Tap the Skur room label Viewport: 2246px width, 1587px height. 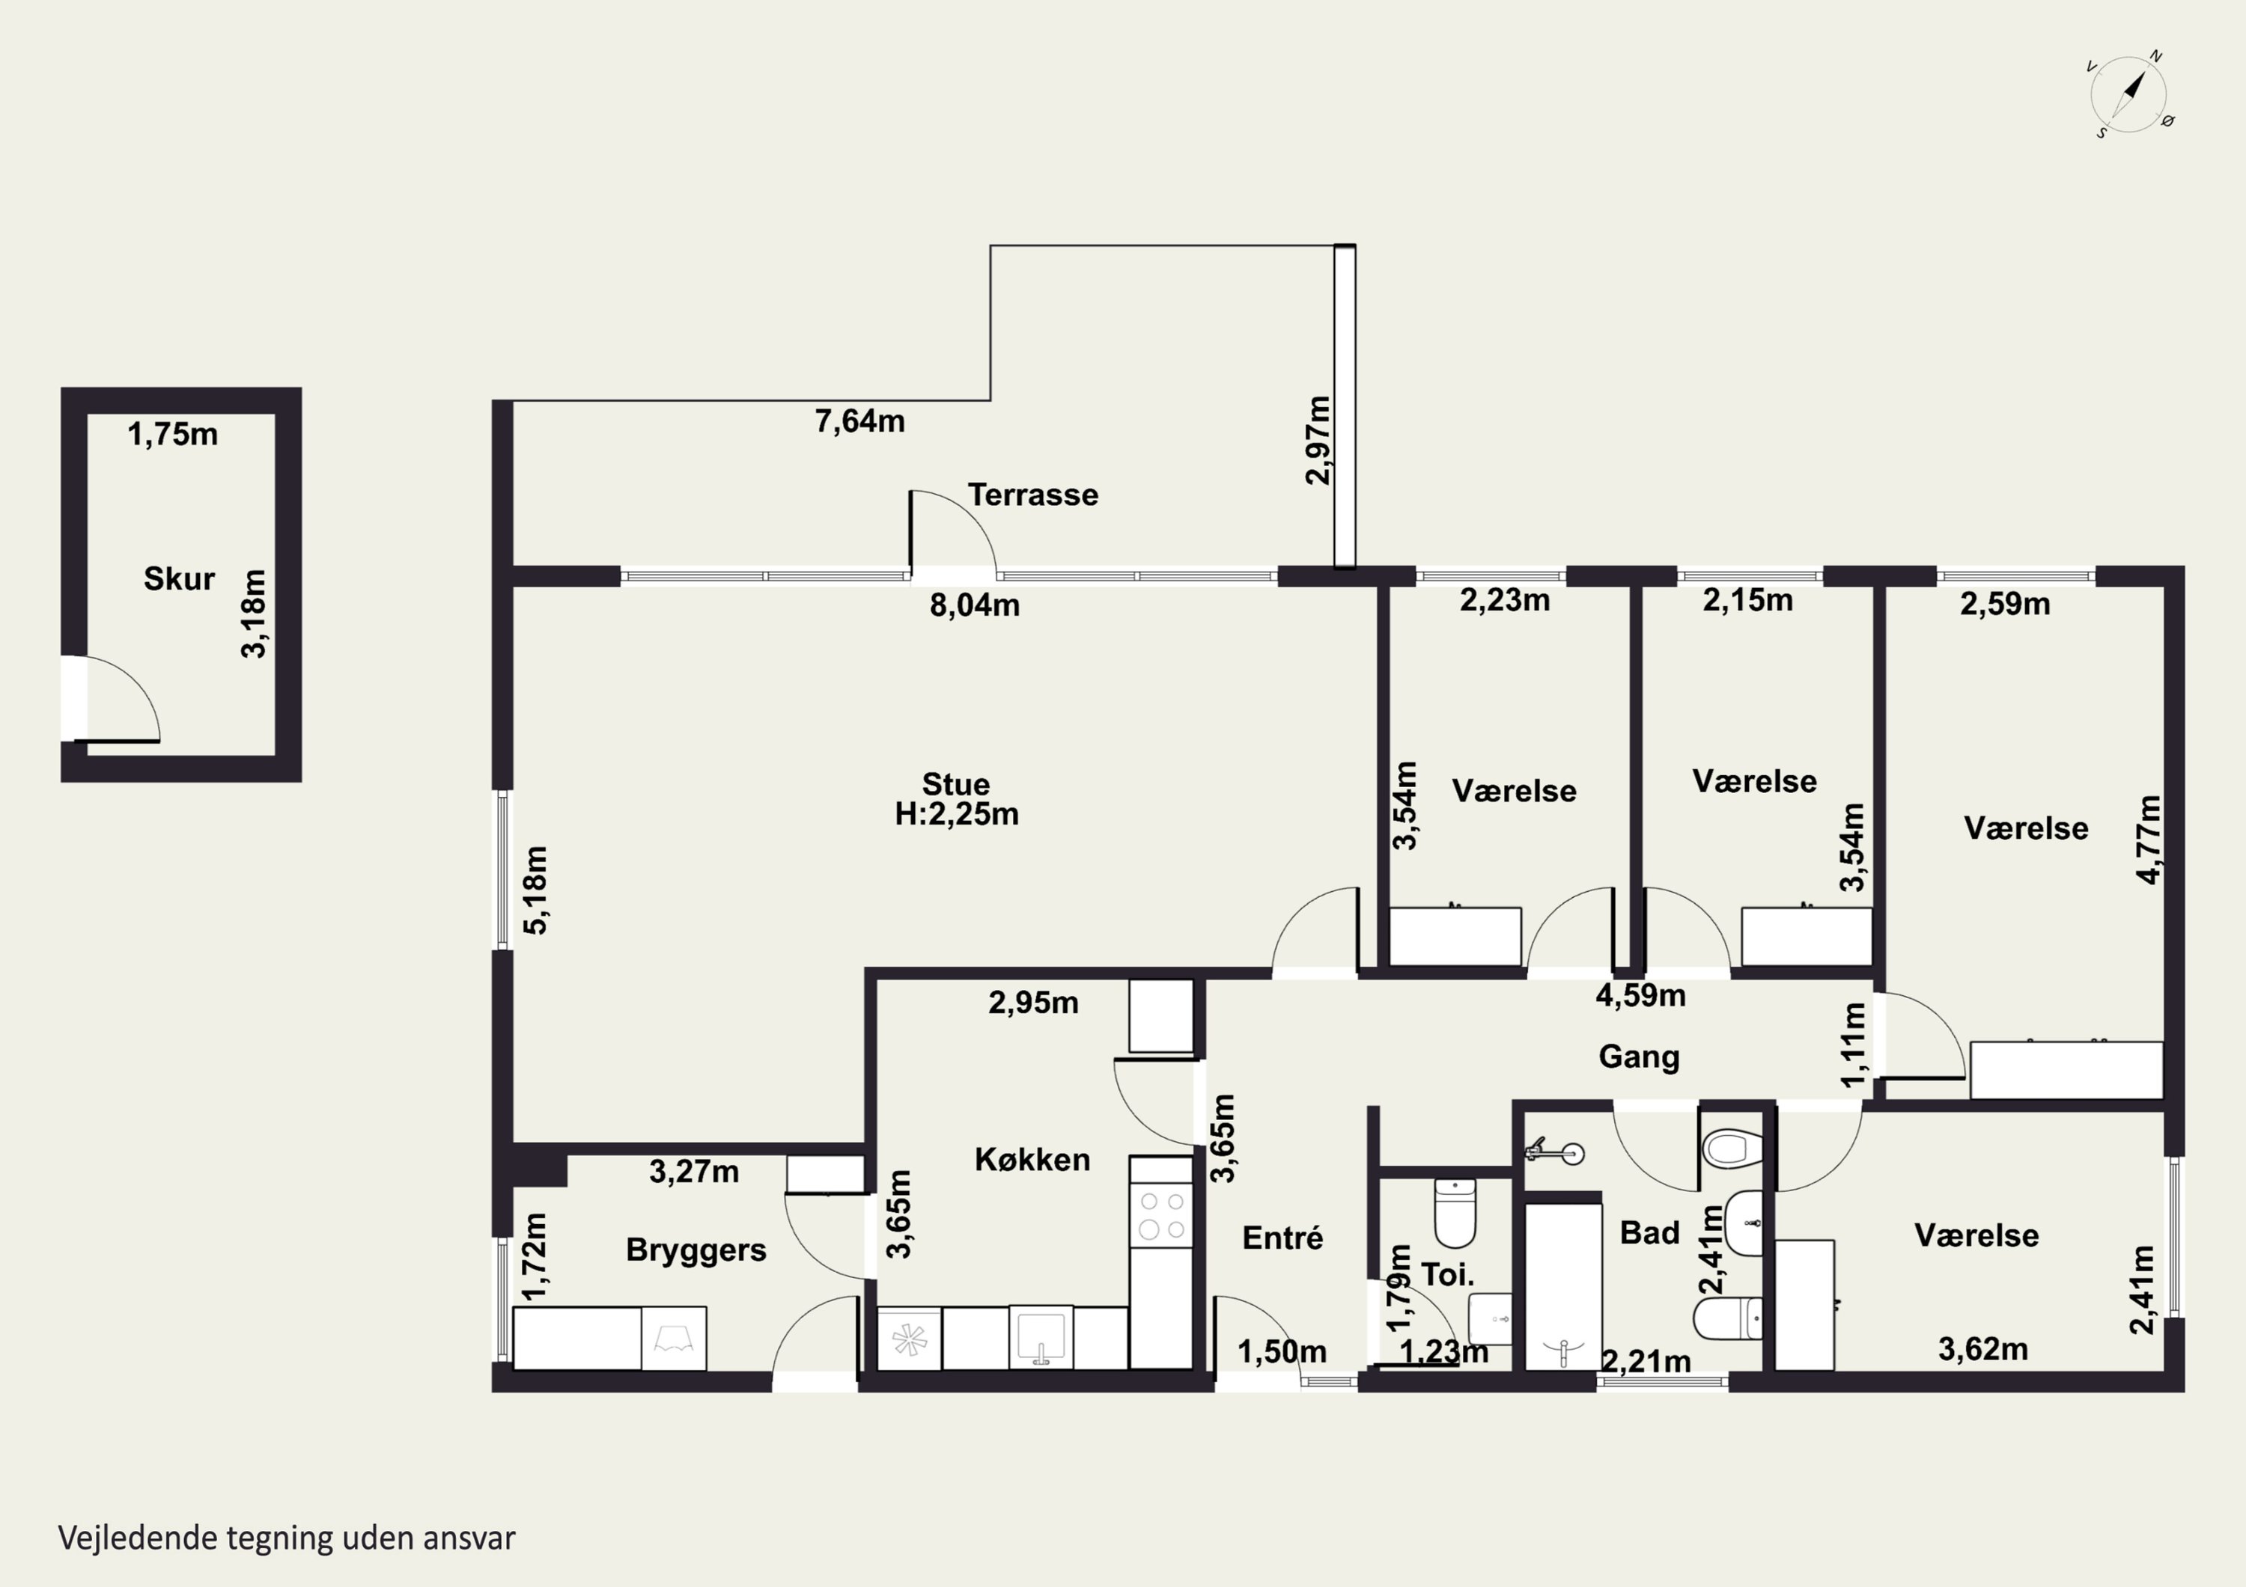point(179,579)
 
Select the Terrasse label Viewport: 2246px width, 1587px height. point(1033,495)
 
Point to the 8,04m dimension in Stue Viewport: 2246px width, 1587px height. point(974,605)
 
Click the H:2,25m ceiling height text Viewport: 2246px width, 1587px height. point(957,813)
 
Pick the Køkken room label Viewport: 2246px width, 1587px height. point(1032,1160)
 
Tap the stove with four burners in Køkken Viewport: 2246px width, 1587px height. point(1161,1215)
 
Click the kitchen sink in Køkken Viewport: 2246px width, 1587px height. point(1041,1336)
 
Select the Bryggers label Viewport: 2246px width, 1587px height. point(696,1250)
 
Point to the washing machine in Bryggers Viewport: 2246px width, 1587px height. point(674,1338)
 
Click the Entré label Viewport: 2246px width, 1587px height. point(1282,1238)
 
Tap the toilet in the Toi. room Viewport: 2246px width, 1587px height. point(1455,1212)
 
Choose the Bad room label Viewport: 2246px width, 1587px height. point(1649,1233)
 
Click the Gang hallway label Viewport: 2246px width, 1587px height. point(1640,1057)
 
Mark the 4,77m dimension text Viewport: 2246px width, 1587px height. point(2147,840)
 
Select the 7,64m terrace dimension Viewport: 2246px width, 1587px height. point(860,421)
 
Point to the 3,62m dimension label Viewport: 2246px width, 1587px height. point(1983,1349)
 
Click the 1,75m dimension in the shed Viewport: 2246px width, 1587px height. point(172,434)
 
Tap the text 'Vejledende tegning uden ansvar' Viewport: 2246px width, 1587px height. point(287,1538)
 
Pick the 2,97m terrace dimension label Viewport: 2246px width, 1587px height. point(1318,440)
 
